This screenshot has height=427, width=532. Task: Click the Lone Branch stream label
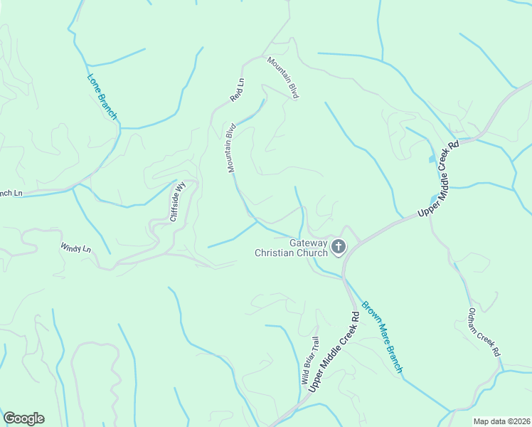[x=102, y=96]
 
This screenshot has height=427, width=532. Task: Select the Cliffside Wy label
[x=177, y=201]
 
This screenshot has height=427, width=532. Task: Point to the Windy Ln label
[x=76, y=248]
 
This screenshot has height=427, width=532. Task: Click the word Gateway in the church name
[x=308, y=243]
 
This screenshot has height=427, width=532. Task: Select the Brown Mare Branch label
[x=382, y=337]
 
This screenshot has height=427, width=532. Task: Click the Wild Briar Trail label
[x=310, y=360]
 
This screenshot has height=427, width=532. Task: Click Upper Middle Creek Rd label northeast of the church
[x=439, y=179]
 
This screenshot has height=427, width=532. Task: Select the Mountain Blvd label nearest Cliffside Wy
[x=231, y=148]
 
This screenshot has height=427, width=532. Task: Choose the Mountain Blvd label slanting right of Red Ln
[x=283, y=78]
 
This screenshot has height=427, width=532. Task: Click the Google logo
[x=23, y=418]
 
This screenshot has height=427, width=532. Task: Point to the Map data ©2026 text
[x=501, y=421]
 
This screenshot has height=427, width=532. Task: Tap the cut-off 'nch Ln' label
[x=11, y=193]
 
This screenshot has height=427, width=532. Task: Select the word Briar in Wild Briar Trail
[x=310, y=361]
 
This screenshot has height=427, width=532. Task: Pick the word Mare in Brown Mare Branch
[x=382, y=335]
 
